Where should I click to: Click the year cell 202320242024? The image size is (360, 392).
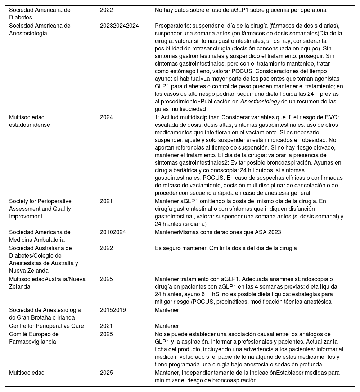tap(119, 26)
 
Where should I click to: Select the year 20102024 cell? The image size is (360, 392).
tap(113, 232)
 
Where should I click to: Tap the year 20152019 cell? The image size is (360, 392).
tap(113, 310)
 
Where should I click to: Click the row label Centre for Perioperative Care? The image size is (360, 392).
tap(46, 326)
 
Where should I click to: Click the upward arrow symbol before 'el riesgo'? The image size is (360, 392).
tap(289, 117)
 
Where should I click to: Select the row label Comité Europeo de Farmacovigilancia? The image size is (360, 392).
tap(33, 338)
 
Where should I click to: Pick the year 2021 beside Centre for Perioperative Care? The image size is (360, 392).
tap(106, 326)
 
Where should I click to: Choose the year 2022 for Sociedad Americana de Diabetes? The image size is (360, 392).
tap(106, 10)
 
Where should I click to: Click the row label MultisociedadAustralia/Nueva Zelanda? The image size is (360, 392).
tap(47, 283)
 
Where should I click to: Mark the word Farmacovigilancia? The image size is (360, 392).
tap(32, 342)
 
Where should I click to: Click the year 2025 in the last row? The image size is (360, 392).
tap(106, 373)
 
